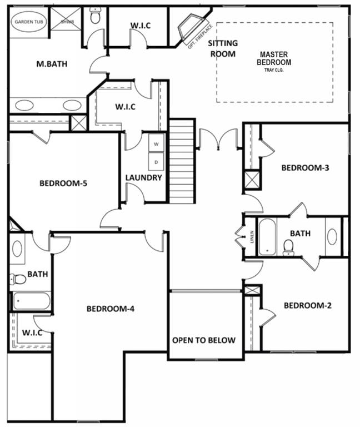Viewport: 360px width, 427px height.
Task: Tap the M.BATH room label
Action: (x=52, y=64)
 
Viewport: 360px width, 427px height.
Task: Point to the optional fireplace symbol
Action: (x=189, y=29)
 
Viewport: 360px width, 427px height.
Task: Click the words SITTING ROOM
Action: (x=222, y=48)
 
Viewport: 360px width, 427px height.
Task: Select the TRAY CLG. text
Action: (x=273, y=70)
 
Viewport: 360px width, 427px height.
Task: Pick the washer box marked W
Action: (x=156, y=143)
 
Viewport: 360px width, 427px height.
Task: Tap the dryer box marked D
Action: (x=156, y=162)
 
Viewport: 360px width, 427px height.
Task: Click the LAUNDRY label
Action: (x=143, y=178)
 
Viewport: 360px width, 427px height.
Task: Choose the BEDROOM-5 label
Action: (x=63, y=183)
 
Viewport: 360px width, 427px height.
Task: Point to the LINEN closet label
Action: (x=252, y=237)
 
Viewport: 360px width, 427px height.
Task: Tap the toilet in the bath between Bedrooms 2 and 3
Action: (x=288, y=247)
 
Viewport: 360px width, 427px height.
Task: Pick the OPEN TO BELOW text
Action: (x=203, y=340)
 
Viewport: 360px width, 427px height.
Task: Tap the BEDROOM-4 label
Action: (x=111, y=309)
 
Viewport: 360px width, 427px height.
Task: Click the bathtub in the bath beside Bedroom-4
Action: (x=32, y=301)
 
